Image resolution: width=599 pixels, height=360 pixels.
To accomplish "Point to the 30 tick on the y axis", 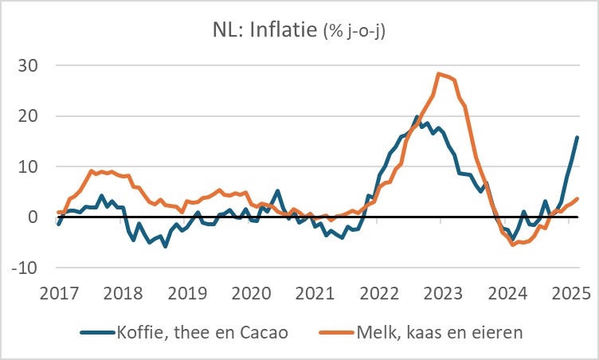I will point(33,65).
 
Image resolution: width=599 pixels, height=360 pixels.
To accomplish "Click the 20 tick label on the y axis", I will point(33,115).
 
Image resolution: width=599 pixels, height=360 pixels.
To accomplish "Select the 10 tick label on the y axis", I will point(33,166).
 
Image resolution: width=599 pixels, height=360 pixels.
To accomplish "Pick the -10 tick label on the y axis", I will point(29,268).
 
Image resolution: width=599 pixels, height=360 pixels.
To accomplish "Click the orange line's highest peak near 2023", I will point(438,74).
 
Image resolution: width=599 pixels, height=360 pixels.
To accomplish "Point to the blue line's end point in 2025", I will point(577,137).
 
